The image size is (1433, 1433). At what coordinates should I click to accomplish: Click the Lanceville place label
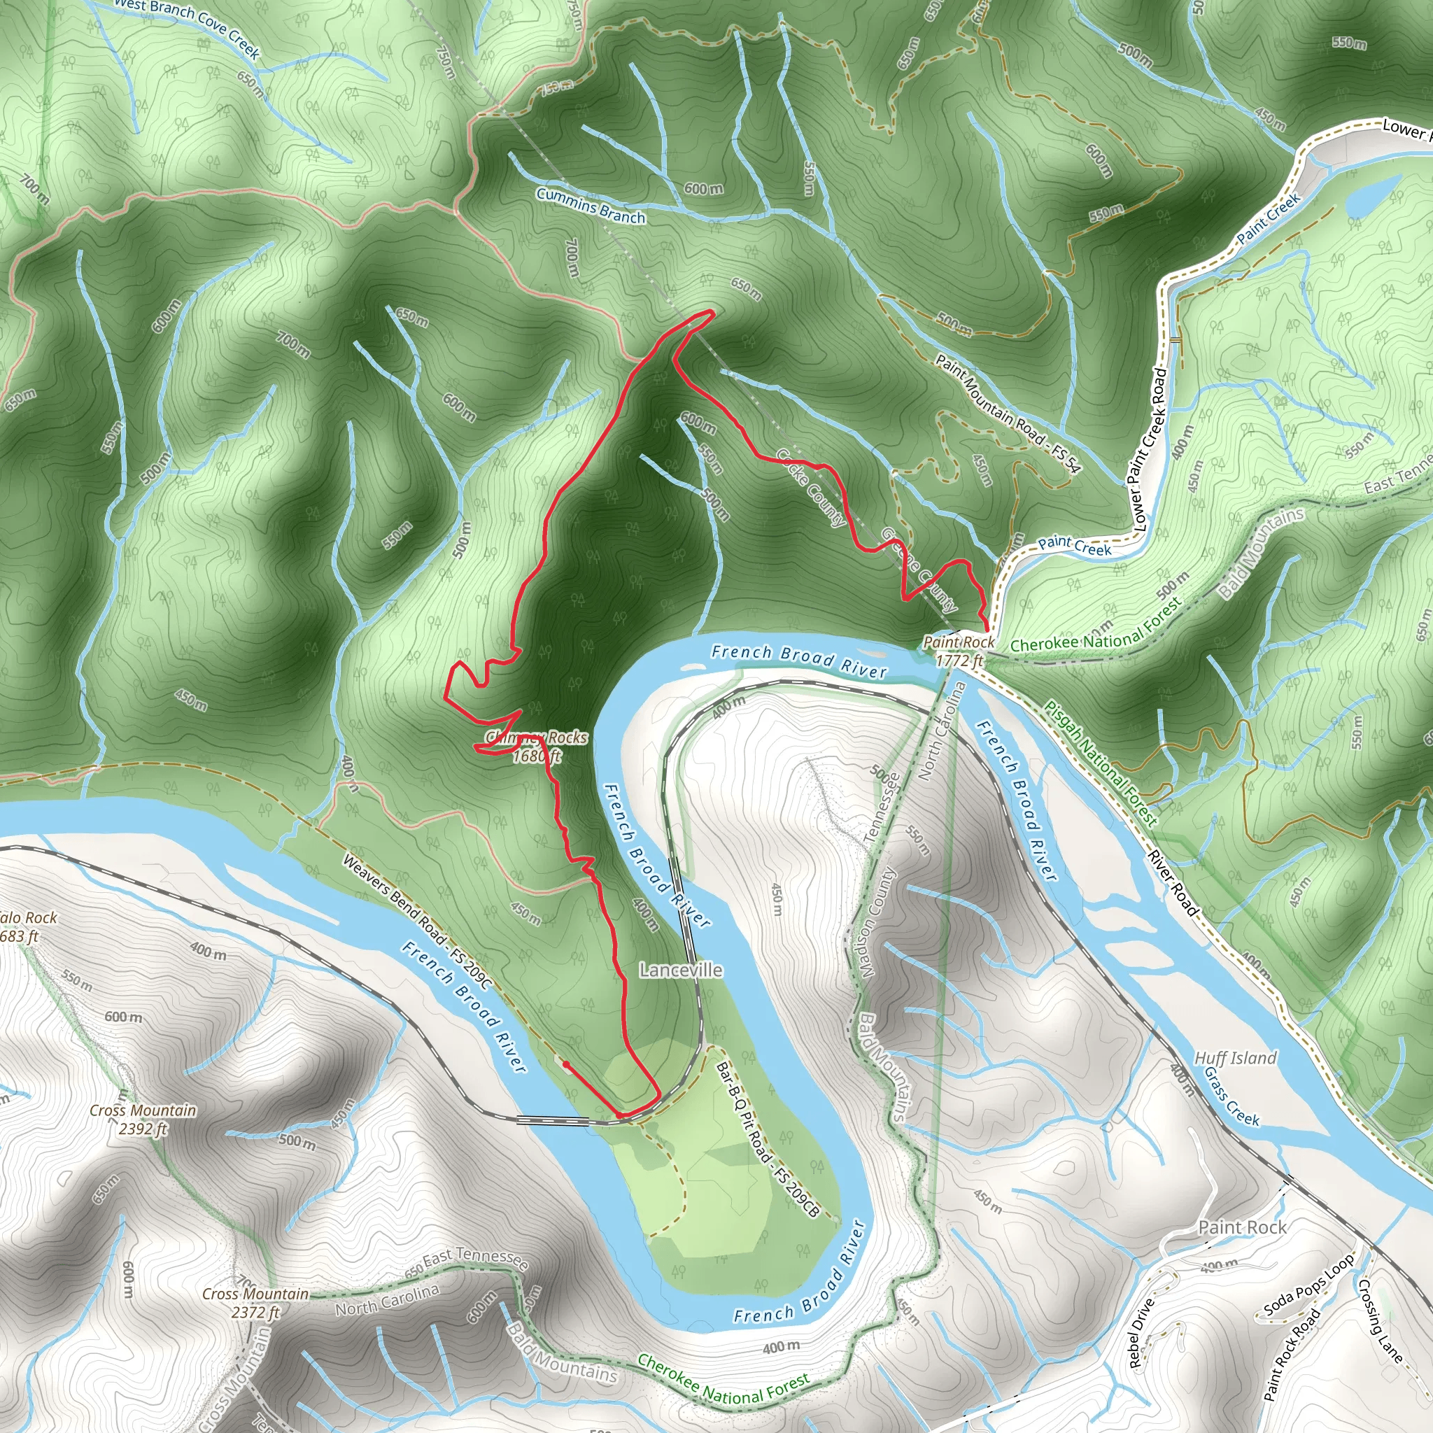pyautogui.click(x=680, y=970)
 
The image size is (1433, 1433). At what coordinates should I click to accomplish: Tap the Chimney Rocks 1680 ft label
pyautogui.click(x=536, y=746)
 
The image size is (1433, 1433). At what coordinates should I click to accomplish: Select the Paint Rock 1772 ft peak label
pyautogui.click(x=959, y=651)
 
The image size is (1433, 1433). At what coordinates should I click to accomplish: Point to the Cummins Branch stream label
pyautogui.click(x=591, y=206)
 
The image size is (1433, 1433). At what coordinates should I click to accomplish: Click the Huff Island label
pyautogui.click(x=1235, y=1059)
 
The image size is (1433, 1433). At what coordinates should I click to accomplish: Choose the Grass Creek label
pyautogui.click(x=1231, y=1096)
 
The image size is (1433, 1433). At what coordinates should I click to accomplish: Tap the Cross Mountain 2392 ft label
pyautogui.click(x=143, y=1120)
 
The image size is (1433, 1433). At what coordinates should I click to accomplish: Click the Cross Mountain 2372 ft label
pyautogui.click(x=255, y=1302)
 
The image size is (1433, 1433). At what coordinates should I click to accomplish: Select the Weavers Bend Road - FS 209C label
pyautogui.click(x=416, y=922)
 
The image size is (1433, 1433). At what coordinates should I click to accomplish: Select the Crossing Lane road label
pyautogui.click(x=1381, y=1321)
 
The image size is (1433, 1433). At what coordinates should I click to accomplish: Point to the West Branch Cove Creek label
pyautogui.click(x=187, y=27)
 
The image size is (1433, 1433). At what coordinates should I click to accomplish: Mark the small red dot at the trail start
pyautogui.click(x=566, y=1064)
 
